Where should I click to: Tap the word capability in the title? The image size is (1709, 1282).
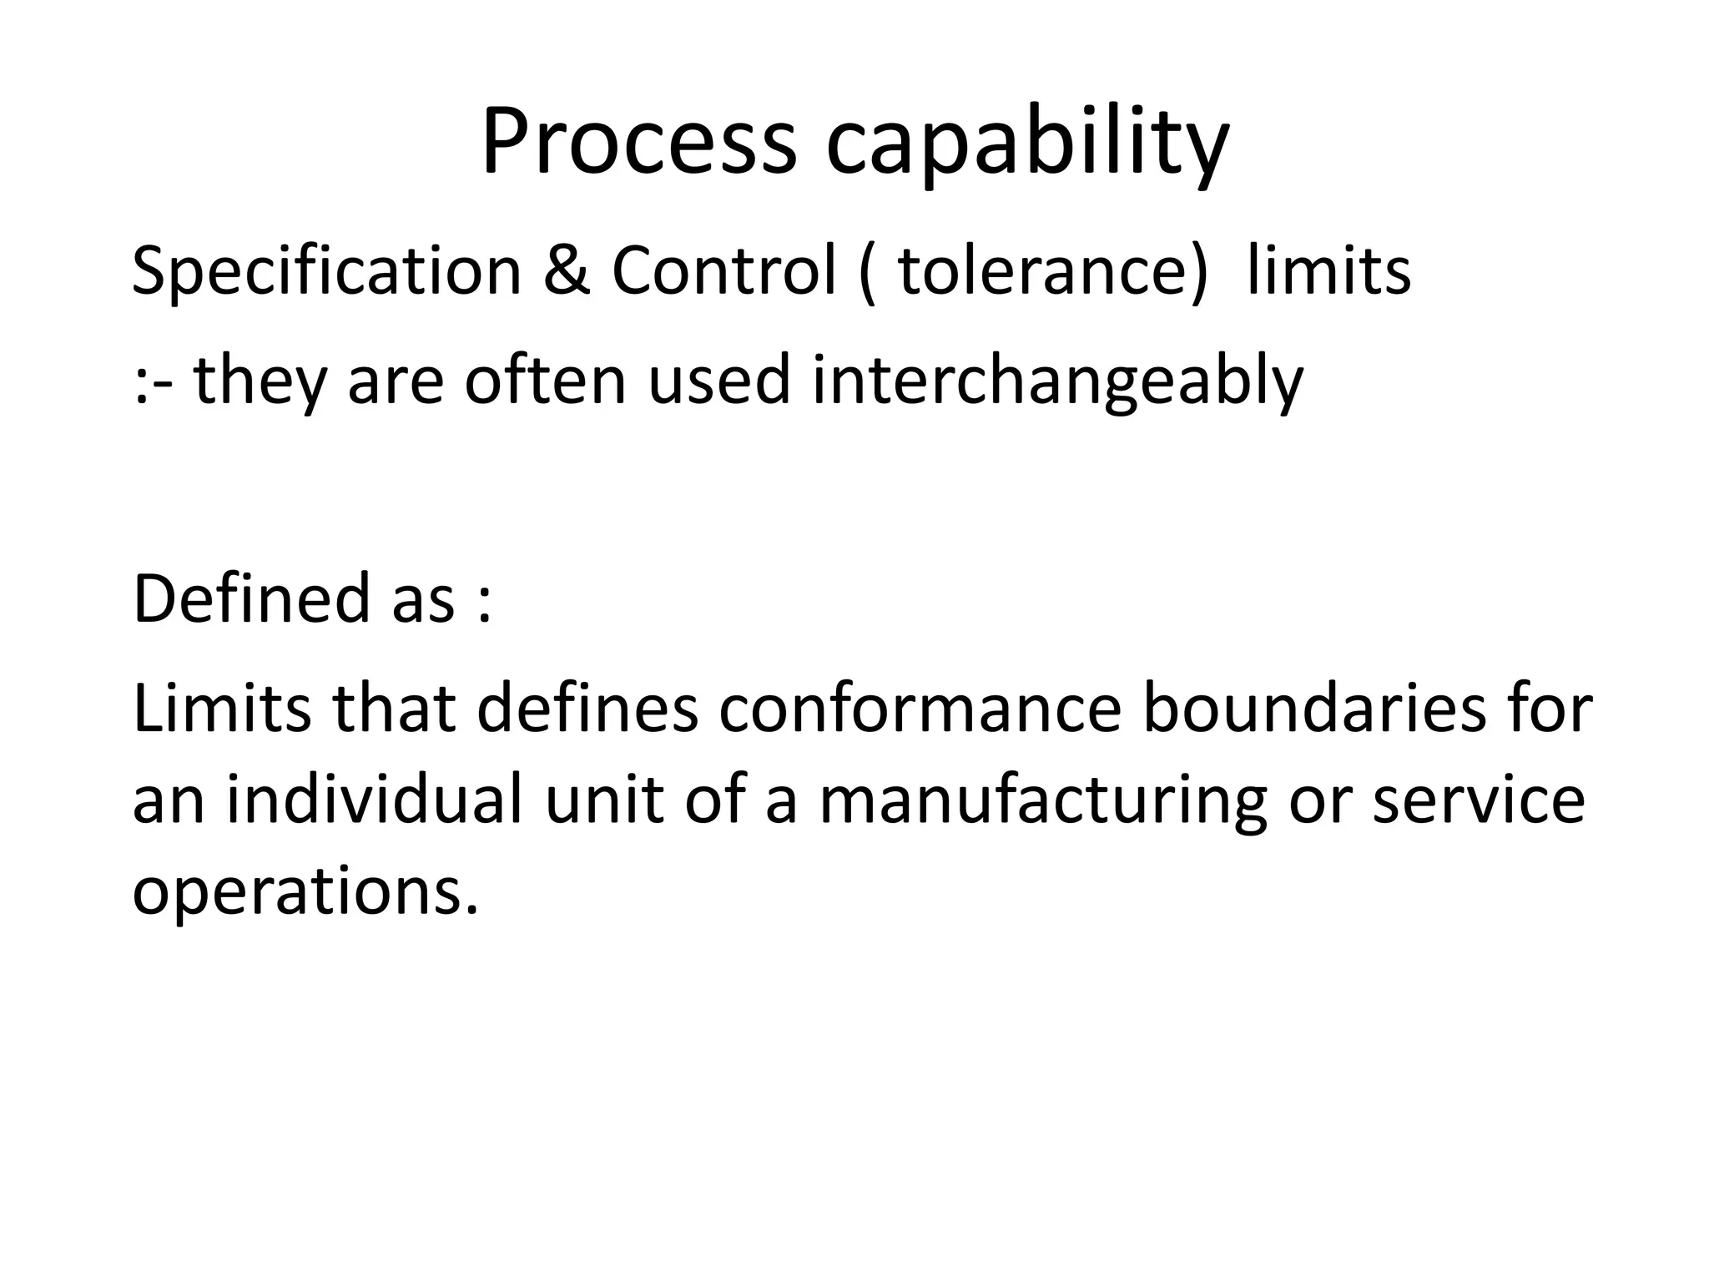pyautogui.click(x=1027, y=146)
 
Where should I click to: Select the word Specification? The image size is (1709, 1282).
pyautogui.click(x=326, y=273)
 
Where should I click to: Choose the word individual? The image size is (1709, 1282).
pyautogui.click(x=375, y=799)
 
